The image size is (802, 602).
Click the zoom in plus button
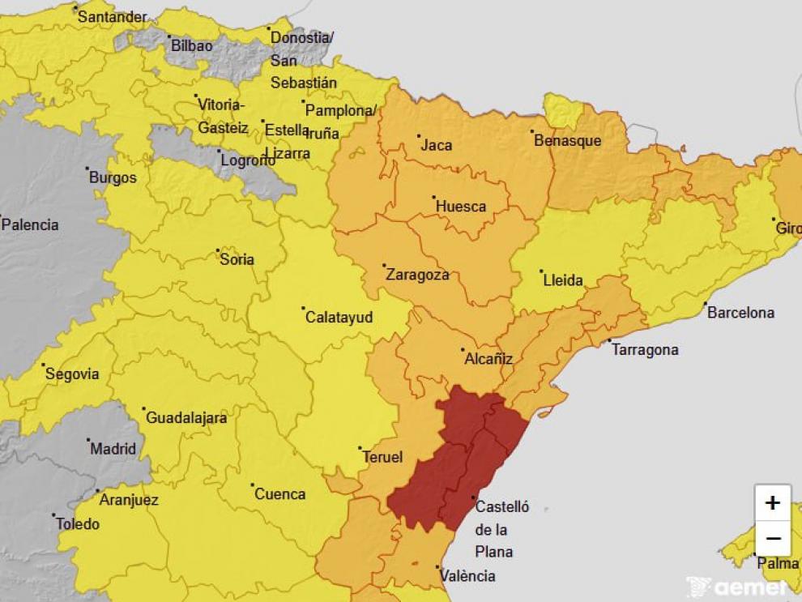tap(772, 503)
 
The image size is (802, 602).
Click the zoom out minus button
tap(772, 538)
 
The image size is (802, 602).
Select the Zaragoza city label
tap(417, 275)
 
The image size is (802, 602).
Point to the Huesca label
tap(461, 207)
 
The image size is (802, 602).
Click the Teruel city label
tap(382, 457)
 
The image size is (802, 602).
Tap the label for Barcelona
tap(740, 313)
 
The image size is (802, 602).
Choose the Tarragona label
tap(645, 350)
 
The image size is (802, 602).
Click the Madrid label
tap(113, 449)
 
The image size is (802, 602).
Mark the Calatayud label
tap(339, 318)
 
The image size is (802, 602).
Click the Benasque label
tap(567, 141)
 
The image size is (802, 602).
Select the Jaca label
tap(437, 146)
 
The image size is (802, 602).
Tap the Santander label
tap(112, 17)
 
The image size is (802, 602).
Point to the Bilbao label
tap(191, 46)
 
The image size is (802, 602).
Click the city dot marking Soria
tap(218, 250)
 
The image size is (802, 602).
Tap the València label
tap(466, 576)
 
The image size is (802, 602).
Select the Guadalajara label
tap(186, 419)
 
